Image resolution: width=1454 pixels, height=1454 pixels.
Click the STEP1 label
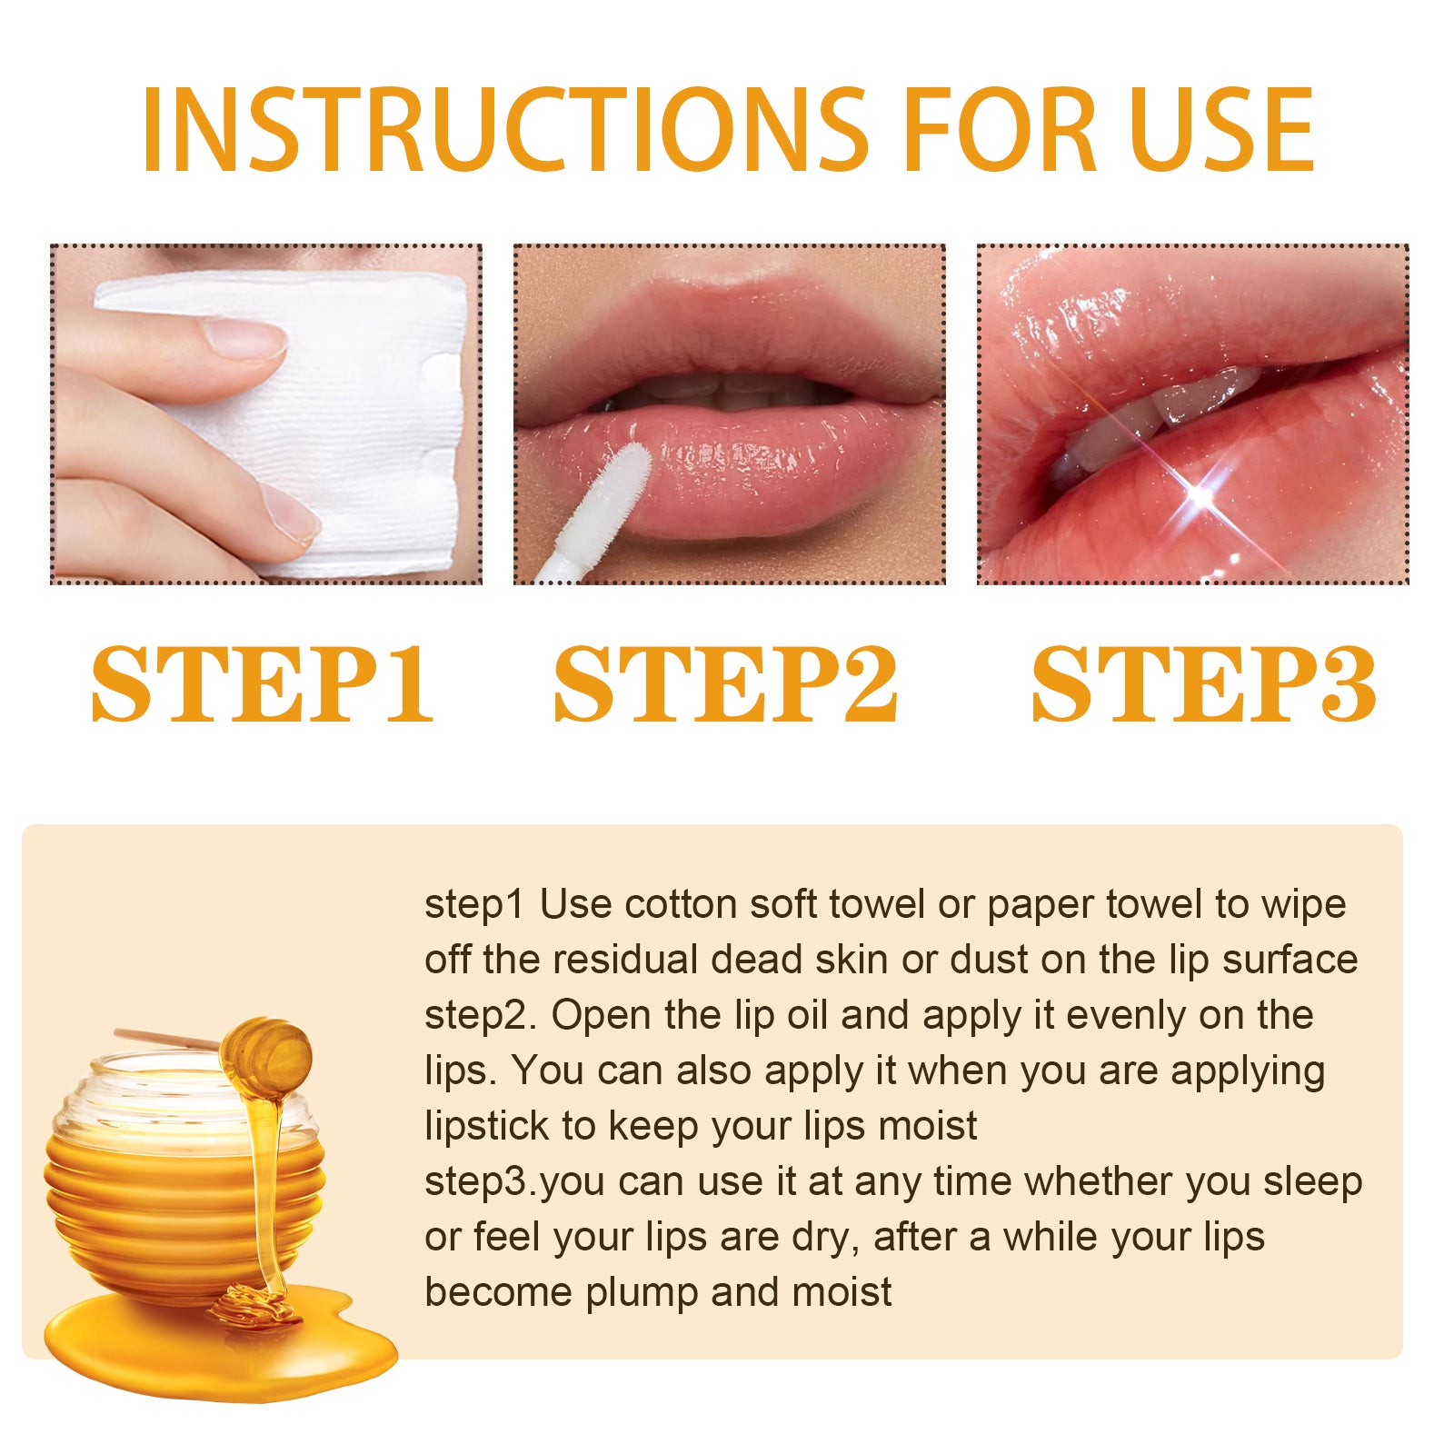(264, 684)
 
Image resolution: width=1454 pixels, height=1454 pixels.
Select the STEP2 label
(725, 684)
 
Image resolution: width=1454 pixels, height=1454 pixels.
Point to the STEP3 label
(1203, 684)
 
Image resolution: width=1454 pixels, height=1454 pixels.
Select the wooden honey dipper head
(267, 1054)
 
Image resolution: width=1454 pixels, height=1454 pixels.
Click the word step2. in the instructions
(482, 1016)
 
